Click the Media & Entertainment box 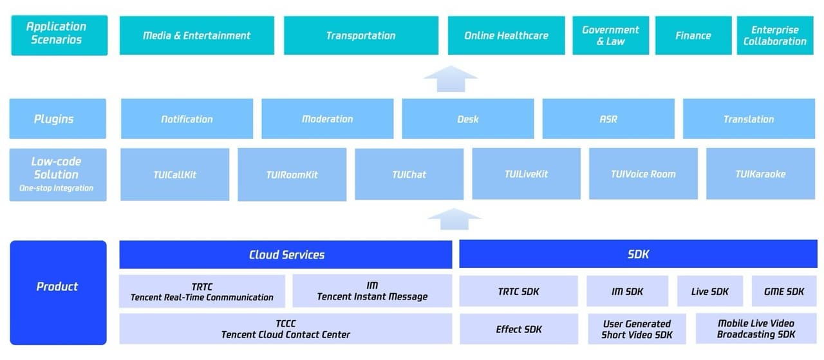[196, 35]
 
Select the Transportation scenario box [360, 35]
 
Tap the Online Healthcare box [506, 35]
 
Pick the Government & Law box [610, 35]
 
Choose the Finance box [693, 35]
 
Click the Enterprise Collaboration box [774, 35]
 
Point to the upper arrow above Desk [451, 79]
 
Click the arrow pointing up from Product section [454, 219]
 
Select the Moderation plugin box [327, 118]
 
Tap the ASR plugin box [608, 118]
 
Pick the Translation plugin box [749, 118]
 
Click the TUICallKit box [174, 174]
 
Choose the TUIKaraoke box [760, 174]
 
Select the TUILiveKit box [526, 174]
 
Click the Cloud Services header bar [286, 254]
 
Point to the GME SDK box [783, 291]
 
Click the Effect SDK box [518, 329]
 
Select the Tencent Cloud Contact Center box [286, 329]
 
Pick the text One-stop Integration [57, 188]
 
